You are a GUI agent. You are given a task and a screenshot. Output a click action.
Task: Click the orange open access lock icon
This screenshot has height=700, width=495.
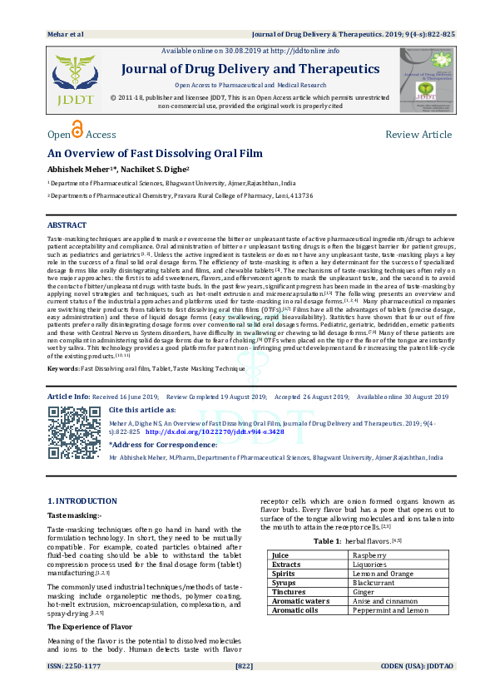pos(78,130)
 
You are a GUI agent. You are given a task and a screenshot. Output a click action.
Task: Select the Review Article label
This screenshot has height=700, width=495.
pos(418,135)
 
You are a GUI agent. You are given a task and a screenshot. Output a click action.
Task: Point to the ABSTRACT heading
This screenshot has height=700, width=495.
pos(67,225)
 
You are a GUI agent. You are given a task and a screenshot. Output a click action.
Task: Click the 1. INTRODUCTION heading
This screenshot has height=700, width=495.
pos(82,501)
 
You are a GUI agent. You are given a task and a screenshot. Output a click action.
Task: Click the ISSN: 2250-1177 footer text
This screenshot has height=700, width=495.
pos(74,689)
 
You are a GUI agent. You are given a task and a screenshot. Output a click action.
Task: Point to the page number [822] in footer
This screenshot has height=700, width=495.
pos(245,689)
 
